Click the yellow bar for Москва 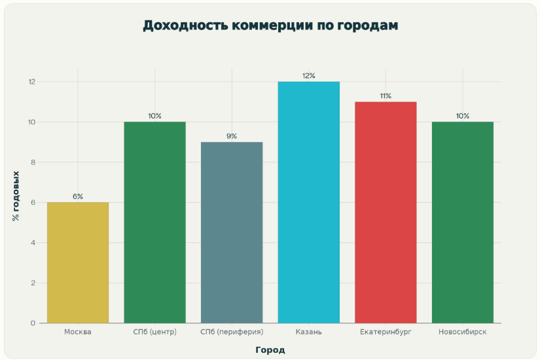(x=78, y=262)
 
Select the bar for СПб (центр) (x=154, y=223)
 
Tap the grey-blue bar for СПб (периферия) (x=232, y=232)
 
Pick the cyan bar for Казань (x=309, y=202)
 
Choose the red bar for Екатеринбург (x=386, y=212)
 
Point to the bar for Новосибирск (x=463, y=223)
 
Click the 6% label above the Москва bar (x=78, y=196)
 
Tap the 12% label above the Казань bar (x=309, y=76)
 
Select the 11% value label (x=386, y=96)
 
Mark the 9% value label (x=232, y=136)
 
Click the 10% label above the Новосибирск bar (x=463, y=116)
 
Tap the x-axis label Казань (x=309, y=333)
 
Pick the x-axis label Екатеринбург (x=386, y=333)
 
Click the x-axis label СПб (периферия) (x=232, y=333)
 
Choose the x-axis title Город (x=270, y=350)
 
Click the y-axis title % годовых (x=16, y=196)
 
